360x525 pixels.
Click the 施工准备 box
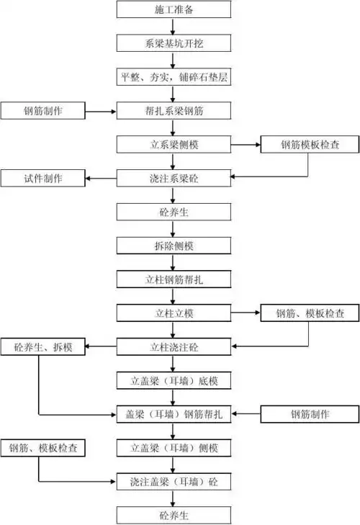pos(174,10)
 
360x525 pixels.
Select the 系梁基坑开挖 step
pos(174,43)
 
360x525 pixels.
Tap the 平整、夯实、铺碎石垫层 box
pos(174,76)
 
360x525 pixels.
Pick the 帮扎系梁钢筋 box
pos(174,111)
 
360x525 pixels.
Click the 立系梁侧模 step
pos(174,145)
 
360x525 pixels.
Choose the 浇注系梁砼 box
pos(174,178)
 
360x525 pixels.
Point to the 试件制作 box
pos(43,178)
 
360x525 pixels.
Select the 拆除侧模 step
pos(174,246)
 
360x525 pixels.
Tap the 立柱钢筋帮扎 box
pos(174,279)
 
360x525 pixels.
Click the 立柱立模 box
pos(174,313)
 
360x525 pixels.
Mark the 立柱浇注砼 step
pos(174,348)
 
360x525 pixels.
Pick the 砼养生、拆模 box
pos(43,348)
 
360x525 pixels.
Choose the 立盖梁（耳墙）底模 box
pos(174,380)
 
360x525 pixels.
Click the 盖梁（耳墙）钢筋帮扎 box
pos(174,414)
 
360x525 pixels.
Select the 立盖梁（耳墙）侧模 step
pos(174,448)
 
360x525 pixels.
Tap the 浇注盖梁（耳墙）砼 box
pos(174,480)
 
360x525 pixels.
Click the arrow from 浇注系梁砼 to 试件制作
pos(102,178)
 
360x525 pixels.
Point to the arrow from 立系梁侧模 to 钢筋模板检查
pos(246,145)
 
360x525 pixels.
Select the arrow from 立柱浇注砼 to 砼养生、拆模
pos(102,348)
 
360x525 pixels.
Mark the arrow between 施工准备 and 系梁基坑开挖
pos(174,27)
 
